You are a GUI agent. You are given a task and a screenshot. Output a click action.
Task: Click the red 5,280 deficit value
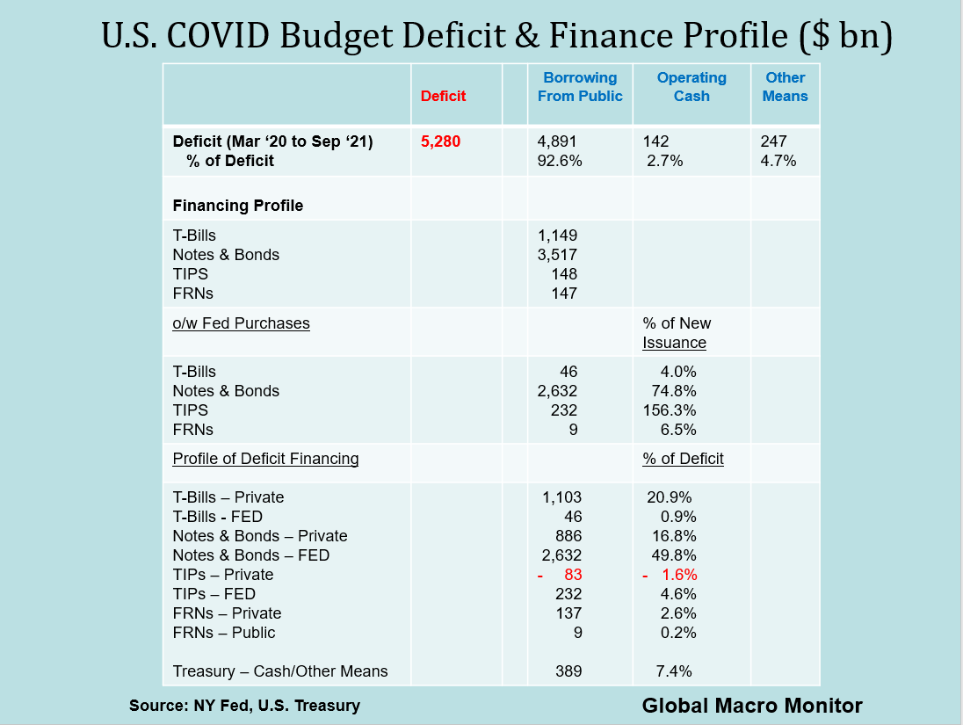click(x=441, y=141)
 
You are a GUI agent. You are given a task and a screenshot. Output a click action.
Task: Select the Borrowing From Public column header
click(x=580, y=87)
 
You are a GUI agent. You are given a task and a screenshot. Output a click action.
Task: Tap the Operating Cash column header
click(x=691, y=87)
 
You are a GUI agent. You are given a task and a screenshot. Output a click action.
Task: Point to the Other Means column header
click(x=785, y=87)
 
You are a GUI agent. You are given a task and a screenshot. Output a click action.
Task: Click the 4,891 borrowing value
click(x=557, y=141)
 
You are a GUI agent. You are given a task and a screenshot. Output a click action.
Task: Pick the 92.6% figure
click(x=559, y=161)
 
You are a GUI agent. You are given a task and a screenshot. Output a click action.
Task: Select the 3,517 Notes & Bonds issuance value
click(x=557, y=255)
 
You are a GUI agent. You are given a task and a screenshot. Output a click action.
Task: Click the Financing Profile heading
click(x=238, y=206)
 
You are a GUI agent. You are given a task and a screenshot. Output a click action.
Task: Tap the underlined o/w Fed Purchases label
click(x=241, y=323)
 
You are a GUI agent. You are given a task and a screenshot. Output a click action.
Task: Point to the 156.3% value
click(x=670, y=410)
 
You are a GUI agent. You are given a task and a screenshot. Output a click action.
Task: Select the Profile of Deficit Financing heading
click(x=265, y=459)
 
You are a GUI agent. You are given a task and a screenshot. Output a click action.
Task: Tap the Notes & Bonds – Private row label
click(x=260, y=536)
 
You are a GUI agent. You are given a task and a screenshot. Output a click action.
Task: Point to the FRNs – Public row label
click(x=224, y=633)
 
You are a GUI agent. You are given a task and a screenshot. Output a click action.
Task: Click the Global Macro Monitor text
click(x=752, y=705)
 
